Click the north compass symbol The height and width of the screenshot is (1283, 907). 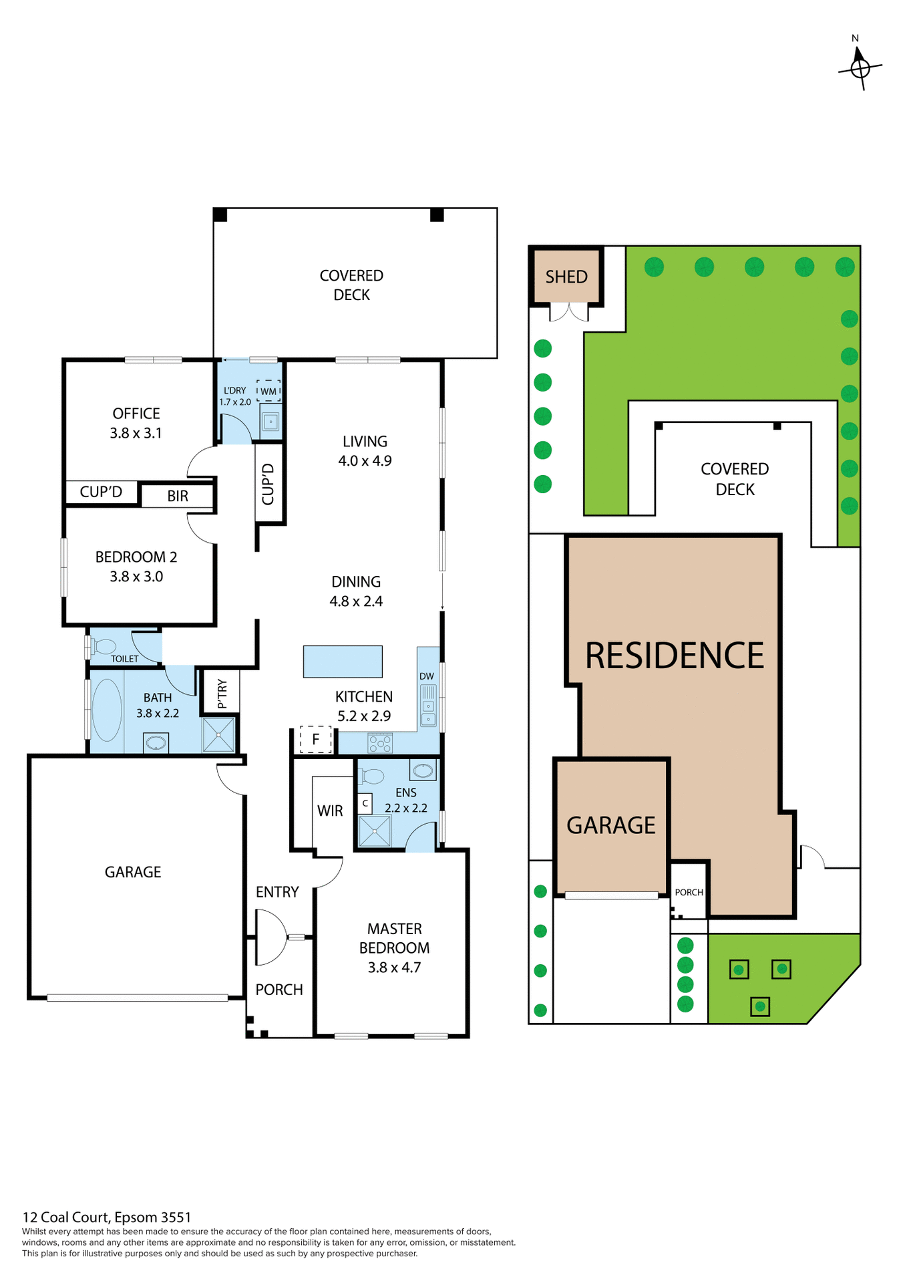[x=860, y=66]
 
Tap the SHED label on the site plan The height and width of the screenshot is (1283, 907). [x=566, y=277]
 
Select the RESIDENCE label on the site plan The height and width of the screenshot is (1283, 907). [x=675, y=656]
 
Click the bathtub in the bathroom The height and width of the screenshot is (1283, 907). [x=107, y=710]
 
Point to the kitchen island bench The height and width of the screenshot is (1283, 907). [x=343, y=662]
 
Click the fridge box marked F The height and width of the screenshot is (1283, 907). [x=316, y=739]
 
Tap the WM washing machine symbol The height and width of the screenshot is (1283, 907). [x=268, y=391]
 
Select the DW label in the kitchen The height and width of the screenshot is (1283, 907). [x=427, y=676]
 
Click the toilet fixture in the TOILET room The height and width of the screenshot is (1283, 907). [x=104, y=646]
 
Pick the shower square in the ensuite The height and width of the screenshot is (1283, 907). [x=374, y=831]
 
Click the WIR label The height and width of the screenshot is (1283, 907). [x=330, y=811]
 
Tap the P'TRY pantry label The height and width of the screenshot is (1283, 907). [x=222, y=694]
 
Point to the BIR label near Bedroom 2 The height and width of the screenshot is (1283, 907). [x=178, y=496]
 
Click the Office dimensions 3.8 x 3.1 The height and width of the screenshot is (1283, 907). [x=136, y=433]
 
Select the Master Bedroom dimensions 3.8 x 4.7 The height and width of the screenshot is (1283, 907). [x=394, y=967]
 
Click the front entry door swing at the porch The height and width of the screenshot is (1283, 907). [x=270, y=938]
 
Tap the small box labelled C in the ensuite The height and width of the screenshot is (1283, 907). [x=365, y=803]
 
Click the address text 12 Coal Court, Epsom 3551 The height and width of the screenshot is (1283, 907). [x=107, y=1217]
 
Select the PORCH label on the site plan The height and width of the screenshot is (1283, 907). [x=689, y=892]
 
